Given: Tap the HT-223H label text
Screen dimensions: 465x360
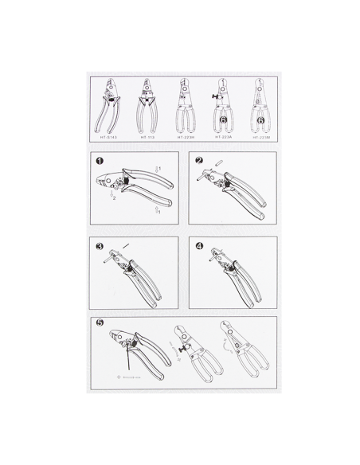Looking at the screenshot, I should click(x=186, y=137).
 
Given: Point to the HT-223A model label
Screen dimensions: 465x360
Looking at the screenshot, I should click(x=223, y=137).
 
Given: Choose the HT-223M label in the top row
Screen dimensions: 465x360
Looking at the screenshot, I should click(x=262, y=137).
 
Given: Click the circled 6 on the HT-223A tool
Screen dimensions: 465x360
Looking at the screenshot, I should click(x=224, y=121).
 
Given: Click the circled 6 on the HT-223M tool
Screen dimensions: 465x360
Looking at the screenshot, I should click(x=260, y=121).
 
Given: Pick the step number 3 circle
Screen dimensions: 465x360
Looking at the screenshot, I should click(x=100, y=246).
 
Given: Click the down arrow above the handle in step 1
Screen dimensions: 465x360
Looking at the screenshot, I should click(x=158, y=170).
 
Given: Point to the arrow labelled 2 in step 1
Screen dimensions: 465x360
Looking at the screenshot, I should click(x=114, y=197).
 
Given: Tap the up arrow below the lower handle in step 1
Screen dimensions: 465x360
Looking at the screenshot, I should click(x=158, y=211).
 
